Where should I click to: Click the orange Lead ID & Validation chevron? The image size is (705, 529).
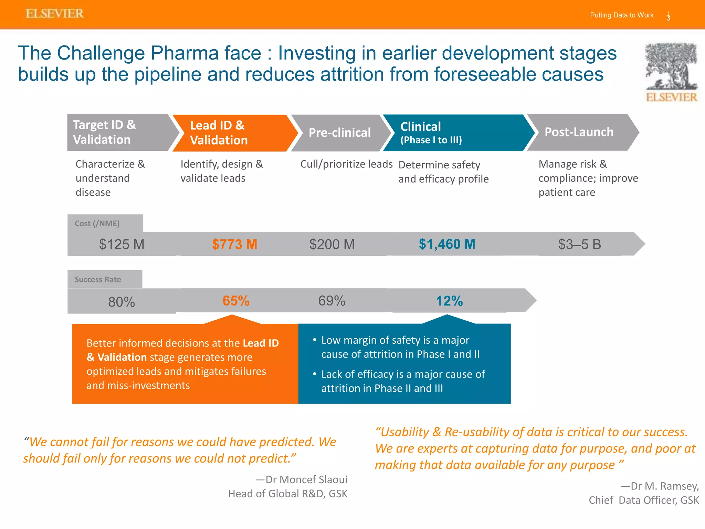pyautogui.click(x=231, y=133)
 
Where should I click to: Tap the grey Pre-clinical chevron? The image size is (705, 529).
pyautogui.click(x=339, y=133)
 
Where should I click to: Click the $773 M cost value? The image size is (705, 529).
pyautogui.click(x=234, y=244)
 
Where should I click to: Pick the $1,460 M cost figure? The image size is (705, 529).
pyautogui.click(x=447, y=244)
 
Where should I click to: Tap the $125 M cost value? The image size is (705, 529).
pyautogui.click(x=122, y=244)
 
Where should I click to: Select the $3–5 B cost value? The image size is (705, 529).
pyautogui.click(x=579, y=244)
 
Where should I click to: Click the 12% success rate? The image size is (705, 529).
pyautogui.click(x=449, y=301)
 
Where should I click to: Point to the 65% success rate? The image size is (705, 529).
pyautogui.click(x=236, y=301)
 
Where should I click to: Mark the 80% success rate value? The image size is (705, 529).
pyautogui.click(x=122, y=302)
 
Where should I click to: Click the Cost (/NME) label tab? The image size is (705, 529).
pyautogui.click(x=97, y=224)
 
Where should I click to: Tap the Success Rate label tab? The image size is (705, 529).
pyautogui.click(x=98, y=279)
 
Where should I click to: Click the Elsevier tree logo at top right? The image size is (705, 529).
pyautogui.click(x=671, y=72)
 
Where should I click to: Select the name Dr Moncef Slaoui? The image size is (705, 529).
pyautogui.click(x=306, y=479)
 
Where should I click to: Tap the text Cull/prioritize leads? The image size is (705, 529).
pyautogui.click(x=346, y=164)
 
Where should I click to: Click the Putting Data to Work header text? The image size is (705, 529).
pyautogui.click(x=621, y=15)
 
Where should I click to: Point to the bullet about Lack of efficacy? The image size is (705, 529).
pyautogui.click(x=403, y=381)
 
